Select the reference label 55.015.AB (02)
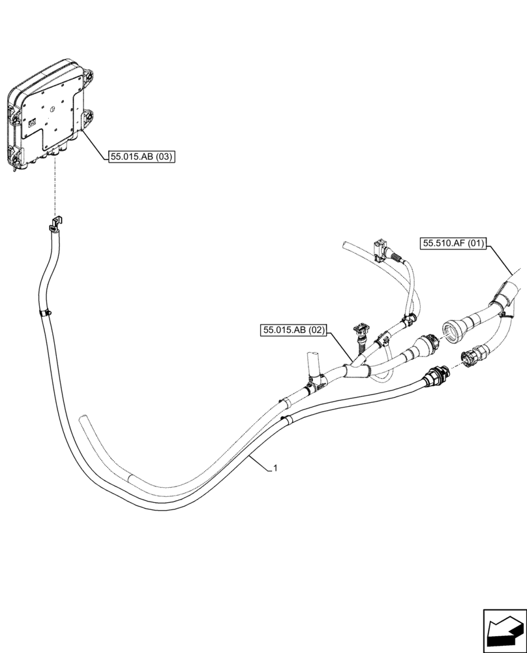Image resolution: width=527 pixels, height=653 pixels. [x=294, y=330]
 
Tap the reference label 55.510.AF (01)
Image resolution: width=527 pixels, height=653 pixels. [x=453, y=244]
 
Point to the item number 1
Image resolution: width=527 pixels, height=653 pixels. [x=277, y=468]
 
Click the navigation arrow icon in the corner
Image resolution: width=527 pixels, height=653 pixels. [x=504, y=631]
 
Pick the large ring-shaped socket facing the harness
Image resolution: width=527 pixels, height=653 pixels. [x=451, y=329]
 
